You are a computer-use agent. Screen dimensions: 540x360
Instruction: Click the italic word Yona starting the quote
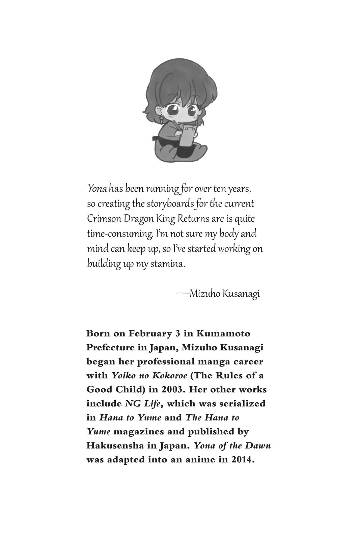pyautogui.click(x=97, y=189)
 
